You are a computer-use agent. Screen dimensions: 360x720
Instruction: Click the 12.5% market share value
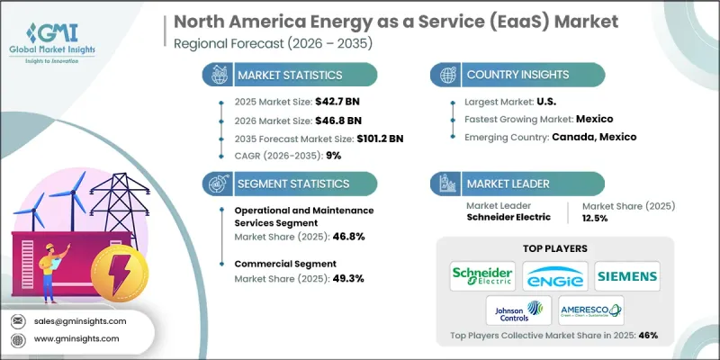601,219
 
